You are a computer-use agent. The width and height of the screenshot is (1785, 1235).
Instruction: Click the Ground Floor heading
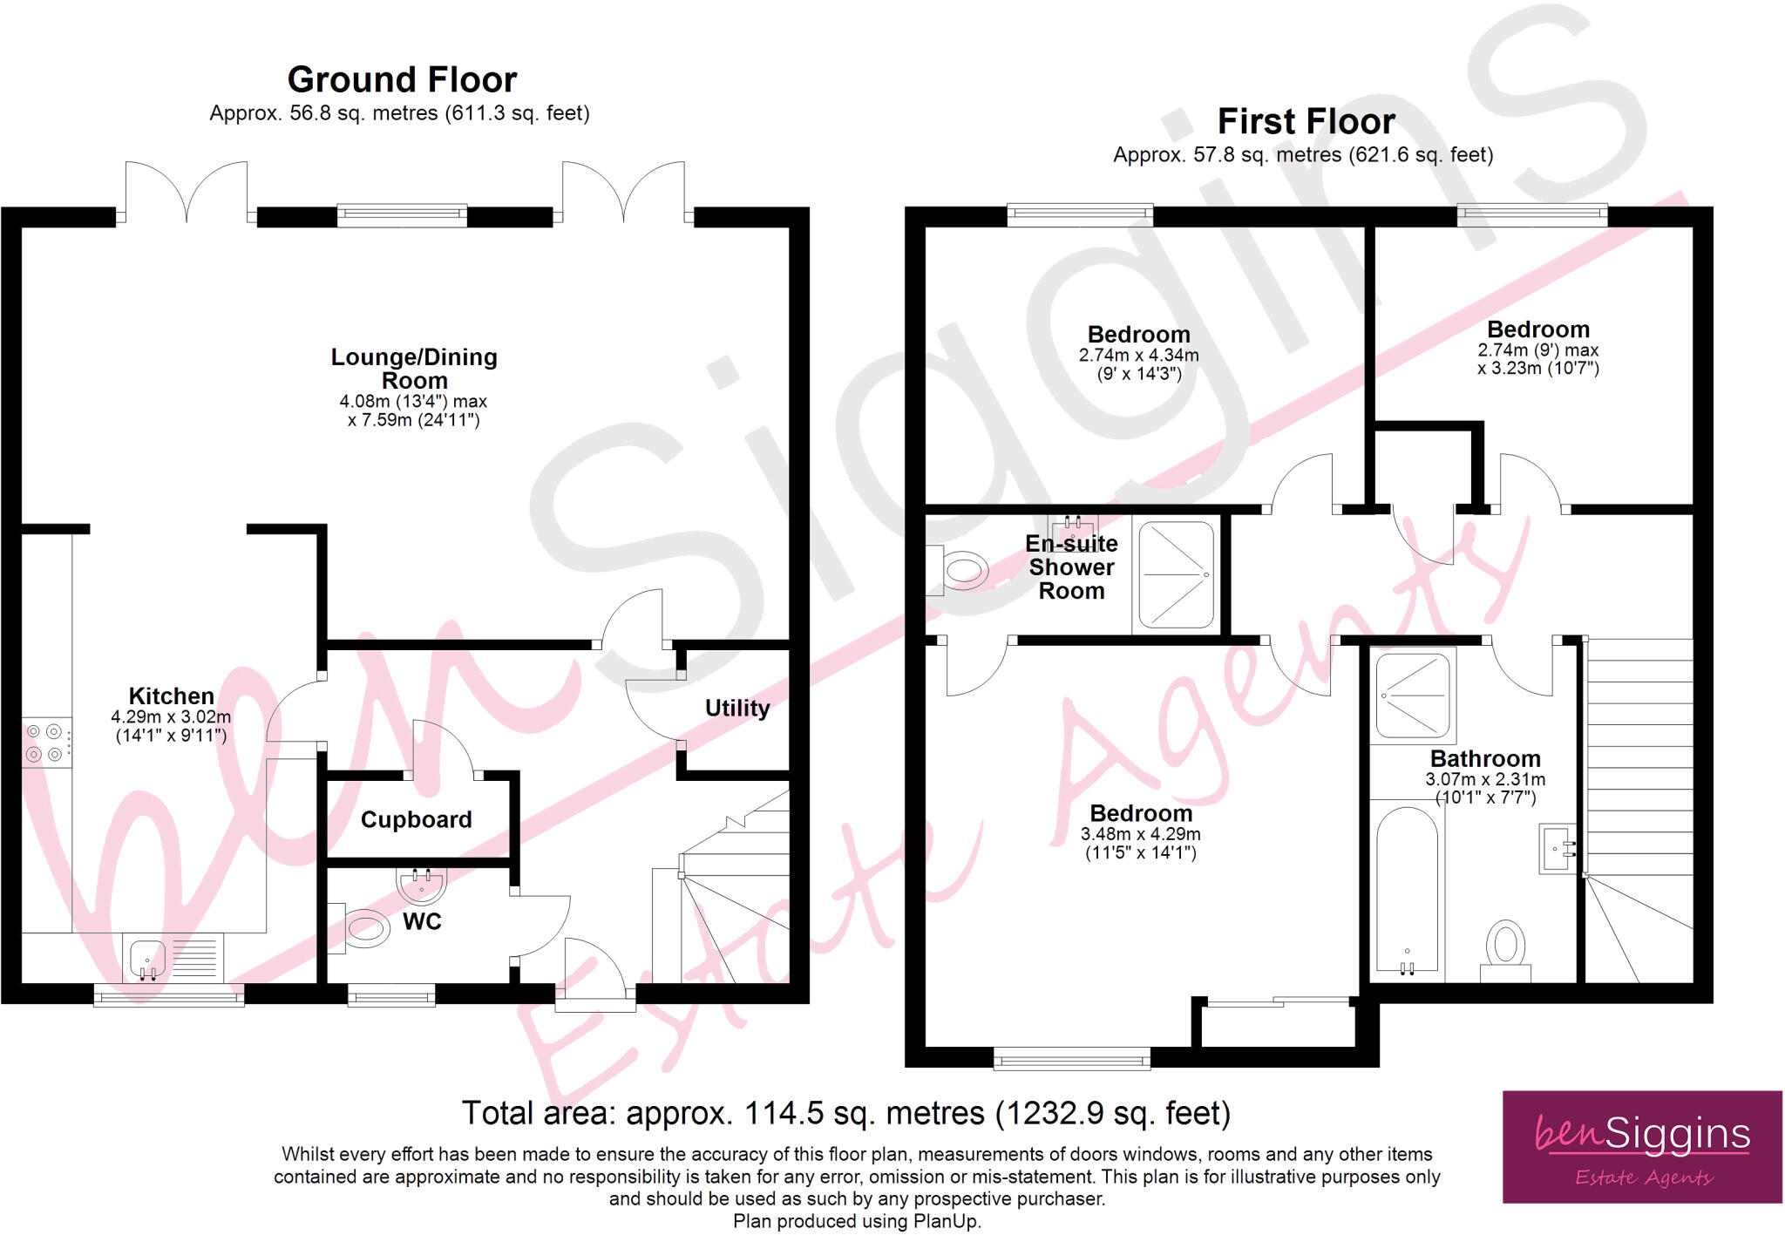tap(402, 79)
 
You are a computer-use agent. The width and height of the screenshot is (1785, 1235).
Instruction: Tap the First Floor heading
tap(1307, 121)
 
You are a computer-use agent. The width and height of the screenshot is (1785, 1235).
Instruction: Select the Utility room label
tap(737, 708)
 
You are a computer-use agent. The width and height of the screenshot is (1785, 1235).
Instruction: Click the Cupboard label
tap(417, 819)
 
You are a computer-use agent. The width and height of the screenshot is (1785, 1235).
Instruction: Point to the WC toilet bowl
tap(365, 928)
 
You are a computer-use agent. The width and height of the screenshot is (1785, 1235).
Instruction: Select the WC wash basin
tap(422, 883)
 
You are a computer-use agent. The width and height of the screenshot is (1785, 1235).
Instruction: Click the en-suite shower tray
tap(1177, 574)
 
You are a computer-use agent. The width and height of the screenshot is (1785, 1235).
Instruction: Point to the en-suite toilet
tap(959, 571)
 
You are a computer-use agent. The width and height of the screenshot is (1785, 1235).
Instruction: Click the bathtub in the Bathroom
tap(1407, 890)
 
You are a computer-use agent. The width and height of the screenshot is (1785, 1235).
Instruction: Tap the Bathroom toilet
tap(1505, 951)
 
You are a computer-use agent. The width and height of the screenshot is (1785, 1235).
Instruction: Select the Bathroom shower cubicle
tap(1413, 696)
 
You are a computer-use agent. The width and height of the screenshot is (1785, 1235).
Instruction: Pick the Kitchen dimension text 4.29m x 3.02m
tap(171, 717)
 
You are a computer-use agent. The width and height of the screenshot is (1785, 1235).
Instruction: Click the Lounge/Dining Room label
tap(414, 369)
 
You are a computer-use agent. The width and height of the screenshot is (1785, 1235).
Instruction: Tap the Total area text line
tap(845, 1113)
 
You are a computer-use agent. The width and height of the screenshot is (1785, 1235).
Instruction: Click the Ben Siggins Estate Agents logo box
tap(1642, 1147)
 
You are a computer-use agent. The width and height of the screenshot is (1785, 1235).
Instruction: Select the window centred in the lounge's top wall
tap(402, 215)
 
